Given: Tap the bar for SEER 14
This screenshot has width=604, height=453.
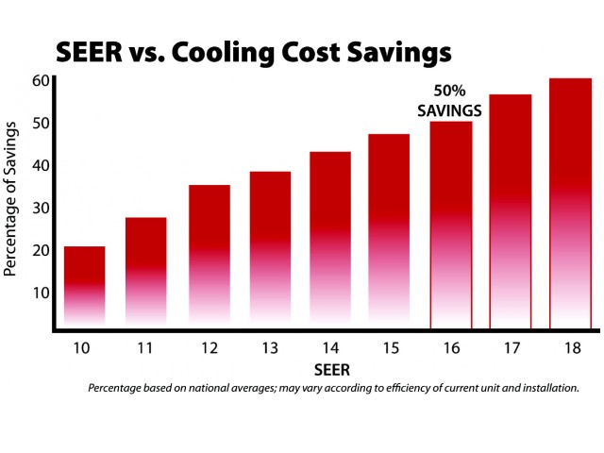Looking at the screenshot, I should point(330,240).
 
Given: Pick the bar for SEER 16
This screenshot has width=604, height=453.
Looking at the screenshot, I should point(451,226).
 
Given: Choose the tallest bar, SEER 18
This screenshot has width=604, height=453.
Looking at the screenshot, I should point(570,204).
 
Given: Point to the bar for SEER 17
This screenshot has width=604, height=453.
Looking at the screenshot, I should point(511,212).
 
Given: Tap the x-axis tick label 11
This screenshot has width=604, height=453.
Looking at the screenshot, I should point(144,347).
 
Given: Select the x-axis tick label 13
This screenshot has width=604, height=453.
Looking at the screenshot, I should point(268,347).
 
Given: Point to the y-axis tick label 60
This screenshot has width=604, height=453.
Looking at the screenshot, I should point(39,81).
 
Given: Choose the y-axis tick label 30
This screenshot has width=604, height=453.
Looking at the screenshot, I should point(39,208).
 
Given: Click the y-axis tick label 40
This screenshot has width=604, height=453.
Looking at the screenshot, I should point(39,165).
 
